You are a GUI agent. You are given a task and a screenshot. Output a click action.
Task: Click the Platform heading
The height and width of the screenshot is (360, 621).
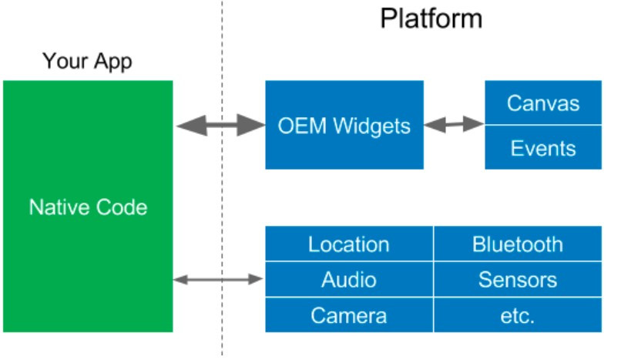431,18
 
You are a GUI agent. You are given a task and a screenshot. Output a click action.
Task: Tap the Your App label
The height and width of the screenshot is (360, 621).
87,61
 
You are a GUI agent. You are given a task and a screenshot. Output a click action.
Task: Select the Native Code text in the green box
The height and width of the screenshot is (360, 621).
88,207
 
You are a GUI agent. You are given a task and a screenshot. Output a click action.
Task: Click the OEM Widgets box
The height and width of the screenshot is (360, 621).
344,125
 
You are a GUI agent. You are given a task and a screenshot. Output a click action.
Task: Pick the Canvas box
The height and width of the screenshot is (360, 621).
542,103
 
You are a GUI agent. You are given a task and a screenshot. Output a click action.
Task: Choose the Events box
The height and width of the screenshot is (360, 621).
542,147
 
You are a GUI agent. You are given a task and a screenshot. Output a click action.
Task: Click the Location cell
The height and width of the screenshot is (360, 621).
348,245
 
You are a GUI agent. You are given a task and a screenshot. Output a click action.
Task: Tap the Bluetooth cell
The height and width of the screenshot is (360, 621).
517,245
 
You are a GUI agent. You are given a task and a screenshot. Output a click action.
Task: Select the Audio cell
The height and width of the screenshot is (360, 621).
348,279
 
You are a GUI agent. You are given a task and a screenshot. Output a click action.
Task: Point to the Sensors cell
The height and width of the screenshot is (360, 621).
517,279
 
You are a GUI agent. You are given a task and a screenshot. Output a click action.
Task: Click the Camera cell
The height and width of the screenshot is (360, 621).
348,315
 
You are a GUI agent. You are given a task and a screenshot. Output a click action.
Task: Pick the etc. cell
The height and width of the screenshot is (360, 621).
517,315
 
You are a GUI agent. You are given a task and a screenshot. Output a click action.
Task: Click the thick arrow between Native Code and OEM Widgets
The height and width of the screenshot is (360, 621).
220,125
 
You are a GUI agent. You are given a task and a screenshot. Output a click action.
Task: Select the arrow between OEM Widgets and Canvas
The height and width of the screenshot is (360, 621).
454,124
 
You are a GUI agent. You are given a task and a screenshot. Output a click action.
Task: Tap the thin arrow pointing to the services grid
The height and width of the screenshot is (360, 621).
219,279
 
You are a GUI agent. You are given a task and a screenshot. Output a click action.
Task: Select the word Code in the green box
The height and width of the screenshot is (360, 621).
122,207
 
